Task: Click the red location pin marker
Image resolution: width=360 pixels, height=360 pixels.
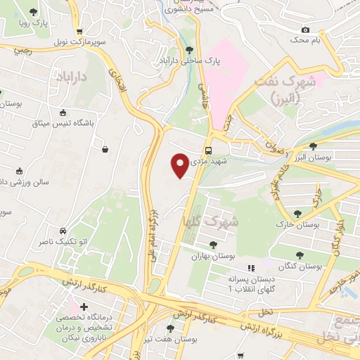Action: coord(181,165)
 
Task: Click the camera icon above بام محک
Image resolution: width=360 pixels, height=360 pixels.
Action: coord(305,30)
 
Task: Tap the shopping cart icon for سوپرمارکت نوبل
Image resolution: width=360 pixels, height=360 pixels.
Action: coord(79,32)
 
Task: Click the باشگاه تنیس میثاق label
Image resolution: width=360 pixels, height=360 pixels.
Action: coord(63,124)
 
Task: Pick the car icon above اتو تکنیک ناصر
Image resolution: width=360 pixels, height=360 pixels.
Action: coord(63,231)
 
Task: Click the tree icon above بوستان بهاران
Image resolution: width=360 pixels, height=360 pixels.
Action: coord(213,245)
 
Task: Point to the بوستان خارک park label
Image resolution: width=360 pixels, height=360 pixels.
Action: coord(298,226)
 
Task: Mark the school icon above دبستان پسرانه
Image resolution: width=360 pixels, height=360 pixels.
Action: coord(250,267)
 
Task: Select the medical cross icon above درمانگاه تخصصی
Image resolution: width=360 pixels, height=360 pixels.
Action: coord(84,307)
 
